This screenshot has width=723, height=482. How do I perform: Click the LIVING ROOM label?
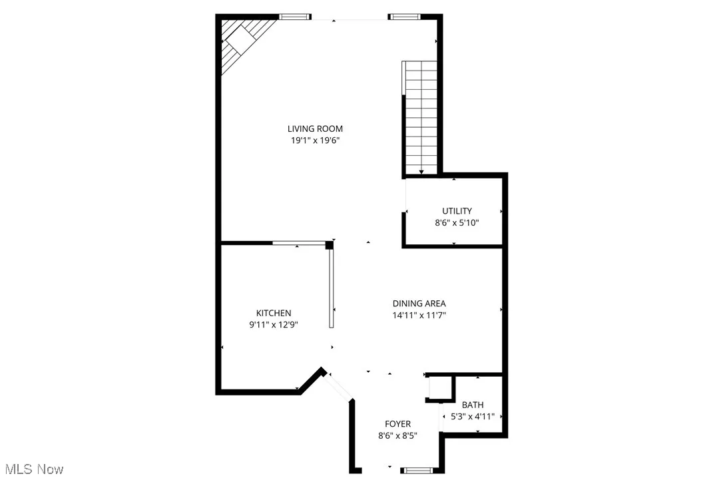click(315, 128)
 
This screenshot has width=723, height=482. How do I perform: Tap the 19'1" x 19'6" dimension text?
click(315, 140)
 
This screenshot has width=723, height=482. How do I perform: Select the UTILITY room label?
click(457, 211)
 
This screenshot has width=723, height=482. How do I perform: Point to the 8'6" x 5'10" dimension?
click(453, 223)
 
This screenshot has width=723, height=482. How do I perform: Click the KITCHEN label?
click(274, 313)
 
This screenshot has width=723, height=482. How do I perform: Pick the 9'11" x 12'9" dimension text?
click(274, 325)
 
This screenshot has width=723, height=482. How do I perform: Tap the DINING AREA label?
click(419, 304)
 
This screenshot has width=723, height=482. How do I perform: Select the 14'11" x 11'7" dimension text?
click(419, 316)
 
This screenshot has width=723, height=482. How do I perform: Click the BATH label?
click(473, 405)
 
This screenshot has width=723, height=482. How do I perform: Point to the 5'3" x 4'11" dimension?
click(472, 417)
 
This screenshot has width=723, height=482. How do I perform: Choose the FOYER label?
click(397, 424)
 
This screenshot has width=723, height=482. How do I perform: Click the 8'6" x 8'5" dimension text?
click(397, 436)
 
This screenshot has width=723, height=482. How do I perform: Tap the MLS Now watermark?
click(32, 469)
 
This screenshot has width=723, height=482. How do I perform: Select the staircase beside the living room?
click(421, 117)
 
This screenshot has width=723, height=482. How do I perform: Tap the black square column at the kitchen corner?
click(329, 245)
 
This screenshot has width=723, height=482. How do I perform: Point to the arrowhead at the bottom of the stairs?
click(421, 172)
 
